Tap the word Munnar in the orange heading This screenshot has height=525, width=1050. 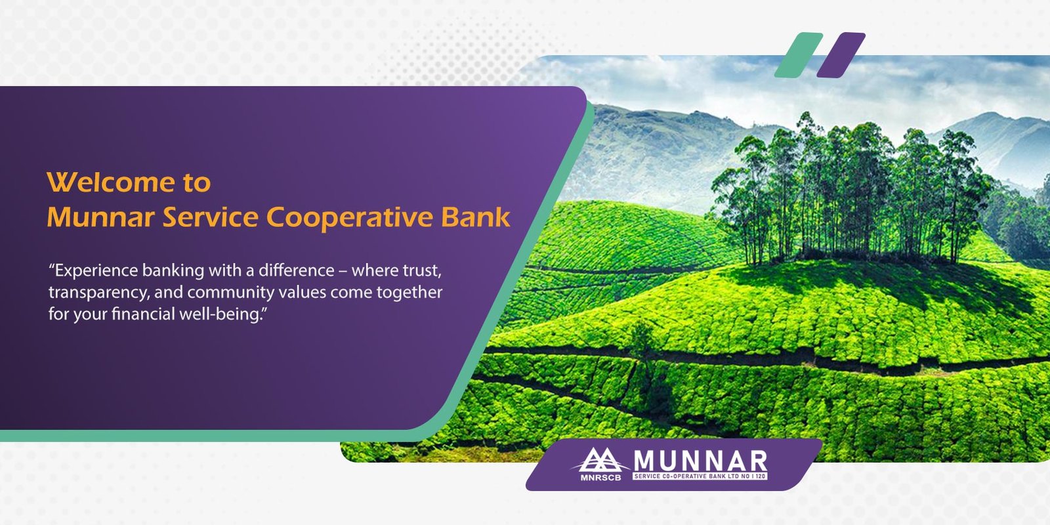pos(101,217)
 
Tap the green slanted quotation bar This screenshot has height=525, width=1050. pos(798,55)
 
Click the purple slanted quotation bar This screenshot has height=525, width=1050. pos(841,55)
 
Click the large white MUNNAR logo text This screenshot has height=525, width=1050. pos(700,461)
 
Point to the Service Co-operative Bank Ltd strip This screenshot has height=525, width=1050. pos(700,476)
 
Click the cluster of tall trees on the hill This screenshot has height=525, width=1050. pos(849,188)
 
